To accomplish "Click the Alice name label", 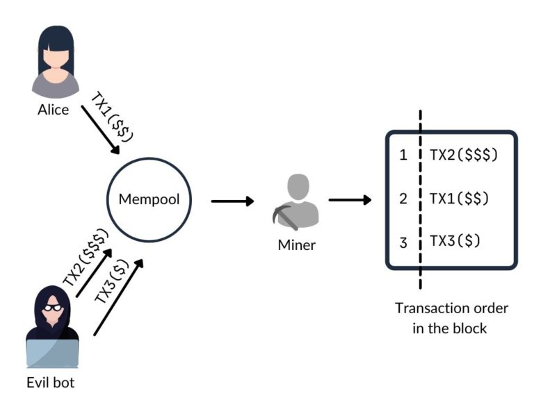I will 53,110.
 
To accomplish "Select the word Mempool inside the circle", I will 149,199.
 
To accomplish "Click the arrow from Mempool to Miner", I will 232,201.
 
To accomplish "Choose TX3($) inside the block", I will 455,240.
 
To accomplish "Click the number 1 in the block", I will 403,156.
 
